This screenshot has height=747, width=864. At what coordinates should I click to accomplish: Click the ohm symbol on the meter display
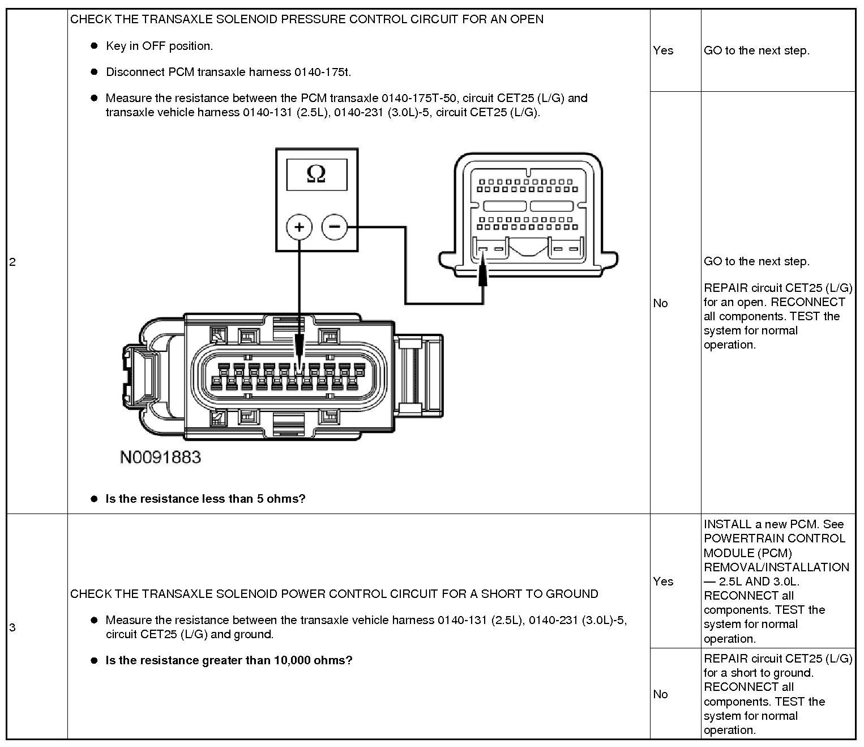316,174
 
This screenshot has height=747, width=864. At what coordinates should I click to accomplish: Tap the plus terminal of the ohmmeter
299,227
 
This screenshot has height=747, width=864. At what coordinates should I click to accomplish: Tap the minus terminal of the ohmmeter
335,227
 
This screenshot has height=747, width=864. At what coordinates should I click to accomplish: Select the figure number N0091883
160,457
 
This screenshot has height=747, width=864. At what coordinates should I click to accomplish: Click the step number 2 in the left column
12,262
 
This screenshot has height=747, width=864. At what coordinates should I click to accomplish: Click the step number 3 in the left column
12,627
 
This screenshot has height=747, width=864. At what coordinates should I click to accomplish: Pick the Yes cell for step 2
663,50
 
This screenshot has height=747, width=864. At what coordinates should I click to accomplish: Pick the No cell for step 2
660,303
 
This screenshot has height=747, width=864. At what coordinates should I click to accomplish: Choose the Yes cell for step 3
663,582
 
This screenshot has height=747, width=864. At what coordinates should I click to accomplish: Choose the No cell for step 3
660,694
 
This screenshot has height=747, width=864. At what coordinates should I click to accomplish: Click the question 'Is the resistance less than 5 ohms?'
206,499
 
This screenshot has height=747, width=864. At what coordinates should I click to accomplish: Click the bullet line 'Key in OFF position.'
159,46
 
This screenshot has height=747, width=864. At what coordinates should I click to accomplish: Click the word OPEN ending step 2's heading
527,19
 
